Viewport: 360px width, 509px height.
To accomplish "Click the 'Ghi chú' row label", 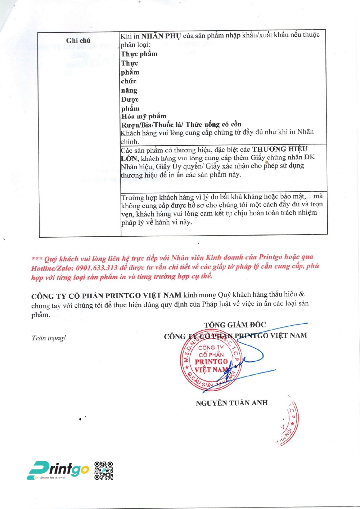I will coord(78,40).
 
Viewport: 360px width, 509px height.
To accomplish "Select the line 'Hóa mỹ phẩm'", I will coord(144,116).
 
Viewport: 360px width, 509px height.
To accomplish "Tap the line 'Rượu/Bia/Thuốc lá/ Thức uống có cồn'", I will coord(181,125).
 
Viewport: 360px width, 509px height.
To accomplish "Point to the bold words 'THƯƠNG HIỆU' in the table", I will coord(280,149).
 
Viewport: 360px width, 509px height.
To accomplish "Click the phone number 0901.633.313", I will coord(97,268).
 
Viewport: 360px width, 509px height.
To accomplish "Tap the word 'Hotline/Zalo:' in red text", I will coord(53,268).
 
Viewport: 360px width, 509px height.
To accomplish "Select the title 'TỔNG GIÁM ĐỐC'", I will coord(235,325).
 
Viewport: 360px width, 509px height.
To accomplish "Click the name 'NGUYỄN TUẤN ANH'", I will coord(231,403).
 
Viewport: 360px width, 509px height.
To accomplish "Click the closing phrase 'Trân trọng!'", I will coord(49,338).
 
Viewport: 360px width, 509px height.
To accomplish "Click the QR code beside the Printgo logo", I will coord(104,470).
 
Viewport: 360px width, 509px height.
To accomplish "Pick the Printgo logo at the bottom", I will coord(58,470).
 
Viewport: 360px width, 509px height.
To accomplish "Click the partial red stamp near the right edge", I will coord(288,421).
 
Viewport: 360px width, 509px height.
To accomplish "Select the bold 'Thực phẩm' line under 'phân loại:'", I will coord(139,54).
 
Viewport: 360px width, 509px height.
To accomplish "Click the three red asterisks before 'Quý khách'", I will coord(37,259).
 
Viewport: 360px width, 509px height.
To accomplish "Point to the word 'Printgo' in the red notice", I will coord(270,257).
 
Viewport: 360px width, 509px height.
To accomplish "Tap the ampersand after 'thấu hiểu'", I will coord(302,294).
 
